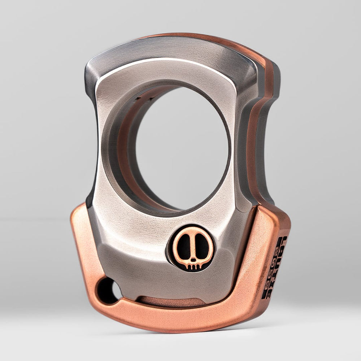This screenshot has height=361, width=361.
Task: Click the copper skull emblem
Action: tap(190, 249)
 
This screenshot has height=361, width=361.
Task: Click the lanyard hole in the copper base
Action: tap(108, 291)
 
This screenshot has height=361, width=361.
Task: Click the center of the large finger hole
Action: tap(182, 148)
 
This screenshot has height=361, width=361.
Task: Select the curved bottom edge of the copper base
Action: tap(180, 327)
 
